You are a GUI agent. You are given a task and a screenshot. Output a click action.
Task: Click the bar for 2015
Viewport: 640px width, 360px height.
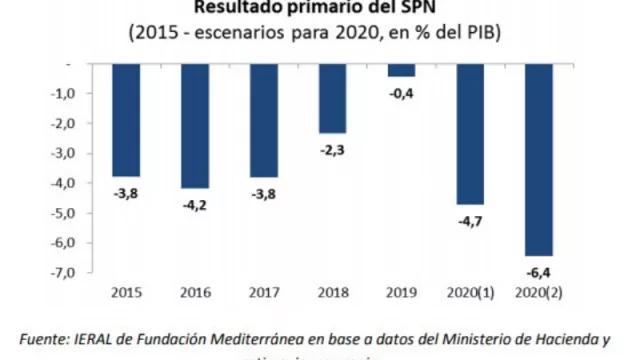click(125, 119)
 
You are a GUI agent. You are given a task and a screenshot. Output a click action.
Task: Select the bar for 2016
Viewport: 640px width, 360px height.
click(194, 125)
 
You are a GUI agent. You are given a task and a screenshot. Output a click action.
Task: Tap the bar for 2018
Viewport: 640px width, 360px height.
click(332, 97)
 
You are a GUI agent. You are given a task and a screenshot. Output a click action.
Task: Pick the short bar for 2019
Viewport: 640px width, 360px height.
click(401, 69)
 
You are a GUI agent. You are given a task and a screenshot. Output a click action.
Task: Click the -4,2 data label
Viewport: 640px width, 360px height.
click(194, 201)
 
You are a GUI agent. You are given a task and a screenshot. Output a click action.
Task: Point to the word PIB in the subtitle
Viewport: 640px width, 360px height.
click(468, 33)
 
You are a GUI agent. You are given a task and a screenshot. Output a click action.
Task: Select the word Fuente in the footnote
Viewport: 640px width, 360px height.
click(47, 339)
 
